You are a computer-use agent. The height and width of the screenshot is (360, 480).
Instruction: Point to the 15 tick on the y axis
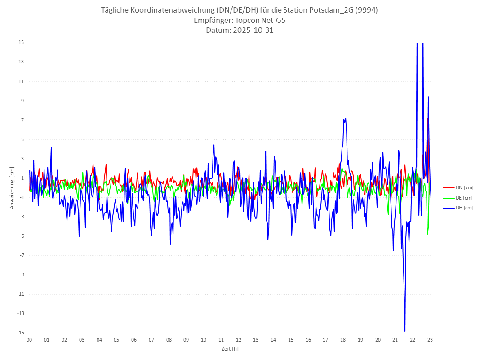21,43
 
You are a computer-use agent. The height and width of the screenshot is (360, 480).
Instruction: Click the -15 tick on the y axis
20,333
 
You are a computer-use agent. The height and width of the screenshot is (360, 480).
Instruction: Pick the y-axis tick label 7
22,120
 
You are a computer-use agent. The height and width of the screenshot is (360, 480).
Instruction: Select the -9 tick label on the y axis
21,275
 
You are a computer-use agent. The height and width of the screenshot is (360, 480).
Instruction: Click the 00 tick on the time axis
29,340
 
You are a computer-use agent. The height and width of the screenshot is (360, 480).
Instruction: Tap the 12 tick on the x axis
239,340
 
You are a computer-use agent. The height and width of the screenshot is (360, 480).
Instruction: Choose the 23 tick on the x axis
430,340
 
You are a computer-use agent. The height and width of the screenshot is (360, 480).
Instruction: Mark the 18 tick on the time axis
343,340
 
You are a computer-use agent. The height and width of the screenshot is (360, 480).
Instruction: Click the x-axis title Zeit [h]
230,348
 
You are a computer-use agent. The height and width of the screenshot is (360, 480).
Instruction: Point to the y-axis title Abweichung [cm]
12,188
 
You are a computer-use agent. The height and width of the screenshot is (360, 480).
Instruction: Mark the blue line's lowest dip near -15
405,331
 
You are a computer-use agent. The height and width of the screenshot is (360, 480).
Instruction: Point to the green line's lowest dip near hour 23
427,234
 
